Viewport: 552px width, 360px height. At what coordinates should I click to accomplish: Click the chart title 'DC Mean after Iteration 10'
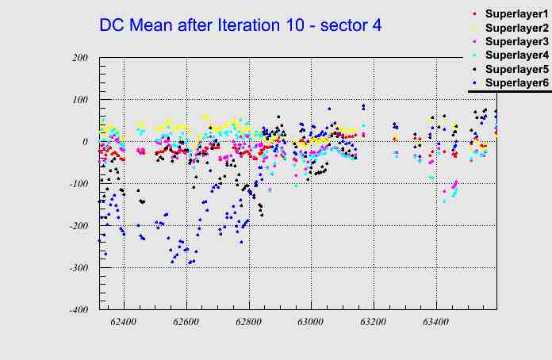240,25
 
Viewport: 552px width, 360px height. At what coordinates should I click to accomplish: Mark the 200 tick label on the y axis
79,58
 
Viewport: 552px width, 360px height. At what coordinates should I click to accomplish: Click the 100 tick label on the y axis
79,100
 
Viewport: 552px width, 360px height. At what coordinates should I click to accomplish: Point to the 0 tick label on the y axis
85,142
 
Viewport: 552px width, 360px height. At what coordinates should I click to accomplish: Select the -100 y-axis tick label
78,184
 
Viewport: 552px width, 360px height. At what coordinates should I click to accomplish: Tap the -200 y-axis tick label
78,226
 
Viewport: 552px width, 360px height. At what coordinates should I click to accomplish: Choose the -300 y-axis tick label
78,268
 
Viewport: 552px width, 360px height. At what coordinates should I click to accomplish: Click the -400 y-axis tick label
78,310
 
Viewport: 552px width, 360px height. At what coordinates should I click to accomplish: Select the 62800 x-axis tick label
249,324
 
